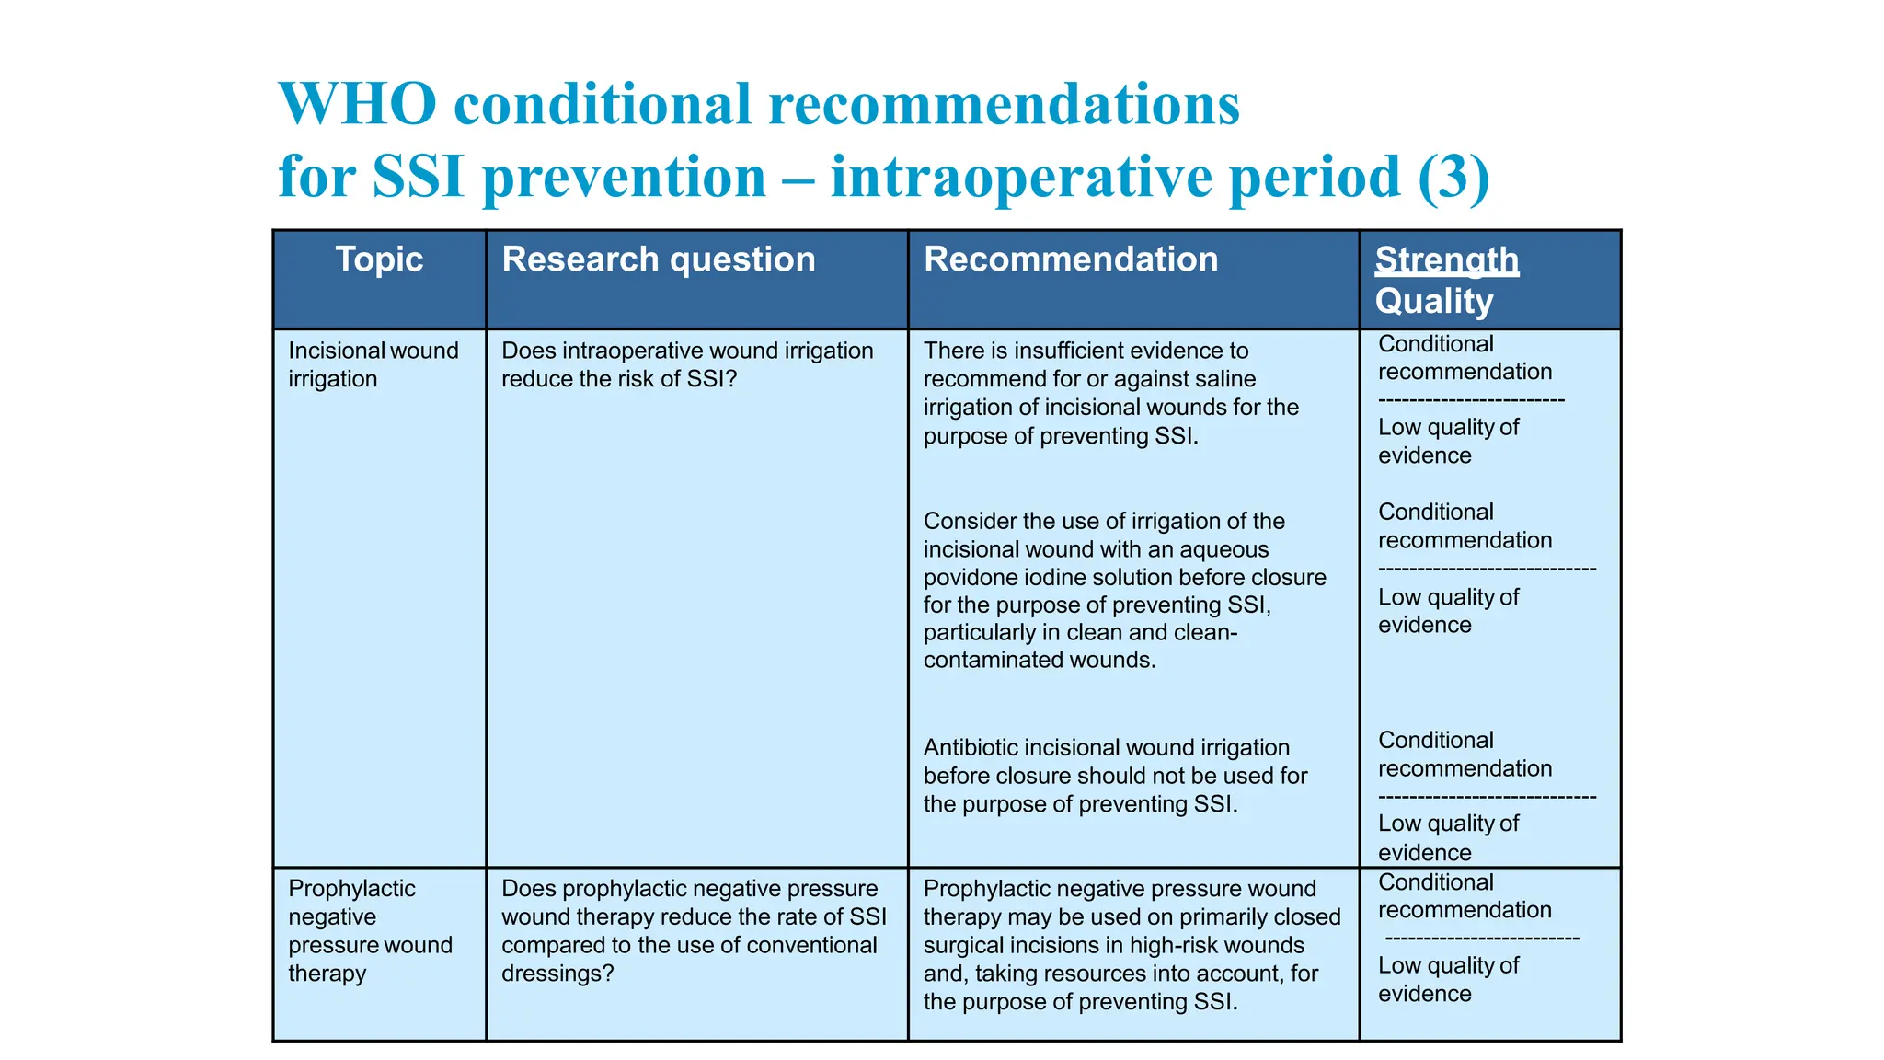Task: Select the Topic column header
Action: [x=378, y=259]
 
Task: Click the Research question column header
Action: [x=658, y=259]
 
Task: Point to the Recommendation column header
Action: [x=1070, y=259]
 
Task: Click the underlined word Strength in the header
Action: [x=1446, y=260]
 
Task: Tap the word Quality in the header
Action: [x=1433, y=302]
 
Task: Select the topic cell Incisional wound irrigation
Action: [x=373, y=364]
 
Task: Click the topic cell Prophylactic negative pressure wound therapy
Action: [x=370, y=930]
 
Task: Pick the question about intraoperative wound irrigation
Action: [x=686, y=364]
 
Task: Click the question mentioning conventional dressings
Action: [x=693, y=930]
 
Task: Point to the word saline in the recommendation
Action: [x=1221, y=379]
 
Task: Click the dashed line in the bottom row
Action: [x=1481, y=939]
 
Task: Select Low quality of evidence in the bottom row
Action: [x=1447, y=979]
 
